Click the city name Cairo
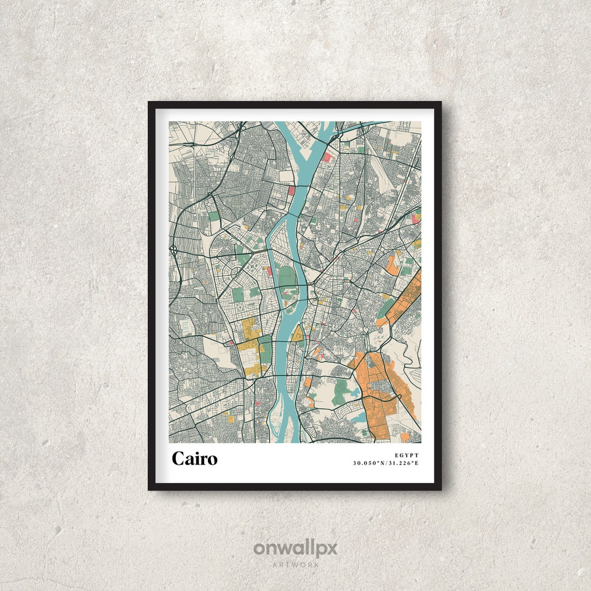click(x=194, y=459)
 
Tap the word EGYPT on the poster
click(x=406, y=455)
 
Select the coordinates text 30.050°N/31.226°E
click(x=386, y=463)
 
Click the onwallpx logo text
click(x=295, y=548)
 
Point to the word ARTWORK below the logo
click(x=296, y=564)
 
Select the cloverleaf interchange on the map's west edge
click(x=173, y=250)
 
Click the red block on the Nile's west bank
click(x=292, y=190)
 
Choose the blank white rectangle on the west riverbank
click(x=286, y=177)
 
